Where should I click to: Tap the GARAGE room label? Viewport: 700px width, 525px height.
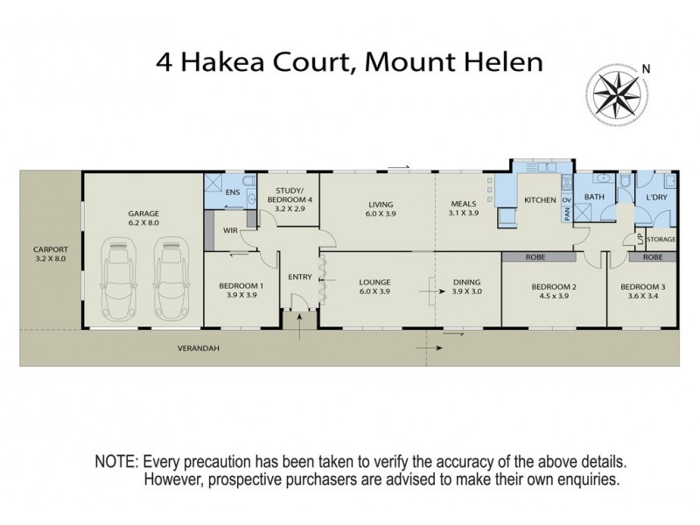tap(143, 213)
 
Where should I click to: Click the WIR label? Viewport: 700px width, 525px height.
tap(231, 231)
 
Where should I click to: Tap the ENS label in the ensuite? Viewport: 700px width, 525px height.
tap(232, 192)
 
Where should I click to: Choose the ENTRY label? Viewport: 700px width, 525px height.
tap(300, 277)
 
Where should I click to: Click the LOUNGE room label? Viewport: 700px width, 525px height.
tap(374, 282)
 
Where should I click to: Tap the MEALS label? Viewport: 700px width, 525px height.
tap(463, 204)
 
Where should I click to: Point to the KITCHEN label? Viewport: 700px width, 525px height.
tap(540, 200)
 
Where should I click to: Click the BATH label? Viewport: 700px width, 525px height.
tap(594, 198)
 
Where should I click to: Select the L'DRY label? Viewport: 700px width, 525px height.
tap(656, 199)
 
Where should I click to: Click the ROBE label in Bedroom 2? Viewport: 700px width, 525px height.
tap(536, 258)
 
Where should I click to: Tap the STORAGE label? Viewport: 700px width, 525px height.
tap(661, 238)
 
